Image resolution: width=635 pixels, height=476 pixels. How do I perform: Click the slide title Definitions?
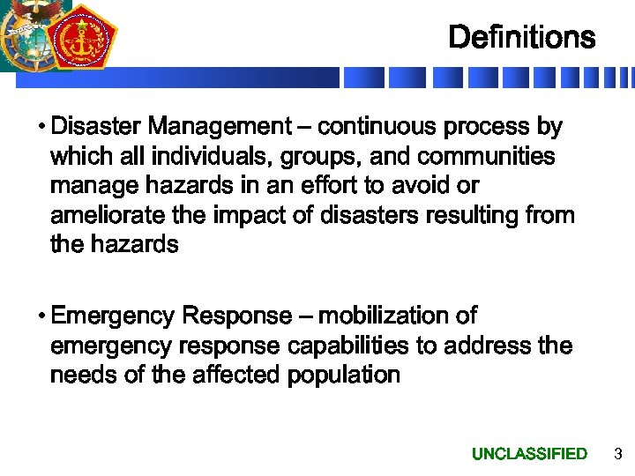pos(521,38)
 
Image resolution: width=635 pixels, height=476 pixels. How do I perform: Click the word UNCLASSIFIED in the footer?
pos(529,454)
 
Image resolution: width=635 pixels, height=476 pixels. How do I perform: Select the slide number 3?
pos(617,454)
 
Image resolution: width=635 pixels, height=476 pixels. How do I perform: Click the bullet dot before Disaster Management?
pos(42,128)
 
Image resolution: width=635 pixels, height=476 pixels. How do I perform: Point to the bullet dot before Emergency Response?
pos(42,316)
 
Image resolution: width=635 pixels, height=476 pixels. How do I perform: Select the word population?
pos(342,376)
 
